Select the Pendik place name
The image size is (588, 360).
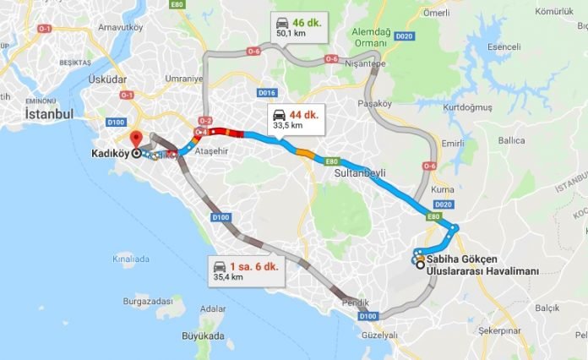coord(357,302)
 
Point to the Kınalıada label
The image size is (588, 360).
coord(129,259)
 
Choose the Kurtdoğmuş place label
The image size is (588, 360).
coord(471,107)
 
